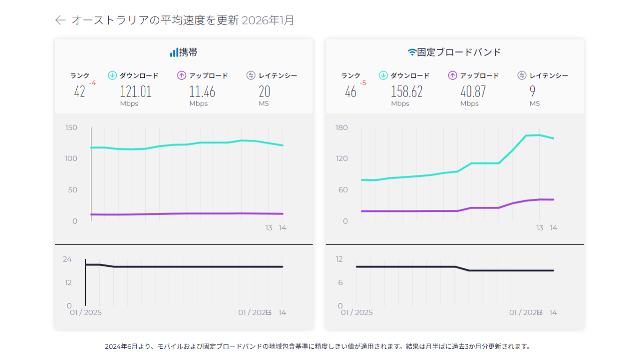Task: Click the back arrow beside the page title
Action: point(60,20)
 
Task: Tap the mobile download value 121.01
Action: point(136,91)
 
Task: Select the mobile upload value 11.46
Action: point(202,91)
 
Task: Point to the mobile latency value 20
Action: point(264,91)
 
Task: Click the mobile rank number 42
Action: point(80,91)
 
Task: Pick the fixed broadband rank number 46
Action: point(350,91)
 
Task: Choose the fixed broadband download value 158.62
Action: point(407,91)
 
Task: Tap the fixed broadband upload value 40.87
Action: point(473,91)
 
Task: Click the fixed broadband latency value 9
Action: point(533,91)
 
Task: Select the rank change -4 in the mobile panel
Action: point(92,83)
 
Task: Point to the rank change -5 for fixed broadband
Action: point(363,83)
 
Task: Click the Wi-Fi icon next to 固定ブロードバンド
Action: point(412,52)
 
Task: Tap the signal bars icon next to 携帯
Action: point(174,52)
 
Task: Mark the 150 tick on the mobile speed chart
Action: point(71,127)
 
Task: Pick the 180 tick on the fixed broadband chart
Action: point(342,127)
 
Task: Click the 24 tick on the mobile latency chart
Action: point(68,259)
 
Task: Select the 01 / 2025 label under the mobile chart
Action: point(86,313)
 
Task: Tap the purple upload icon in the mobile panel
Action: point(182,75)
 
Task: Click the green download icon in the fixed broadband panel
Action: point(383,75)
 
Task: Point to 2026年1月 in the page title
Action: point(268,20)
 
